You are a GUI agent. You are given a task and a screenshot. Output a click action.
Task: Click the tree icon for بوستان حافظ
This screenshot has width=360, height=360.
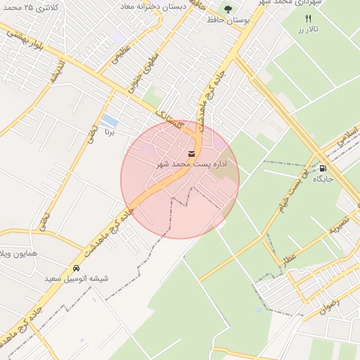point(228,8)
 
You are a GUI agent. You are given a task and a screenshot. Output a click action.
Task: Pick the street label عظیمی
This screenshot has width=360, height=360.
point(121,57)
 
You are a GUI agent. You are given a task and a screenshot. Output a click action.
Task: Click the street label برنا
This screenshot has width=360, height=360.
point(109,131)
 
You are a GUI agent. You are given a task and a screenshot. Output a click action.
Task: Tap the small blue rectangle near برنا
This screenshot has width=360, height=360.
point(110,121)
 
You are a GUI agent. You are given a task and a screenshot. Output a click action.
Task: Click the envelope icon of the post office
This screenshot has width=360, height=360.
point(192,153)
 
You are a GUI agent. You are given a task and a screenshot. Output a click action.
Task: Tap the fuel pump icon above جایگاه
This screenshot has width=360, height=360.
point(323,167)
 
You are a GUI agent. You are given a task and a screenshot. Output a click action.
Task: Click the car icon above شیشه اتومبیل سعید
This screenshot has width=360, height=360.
point(76,268)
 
